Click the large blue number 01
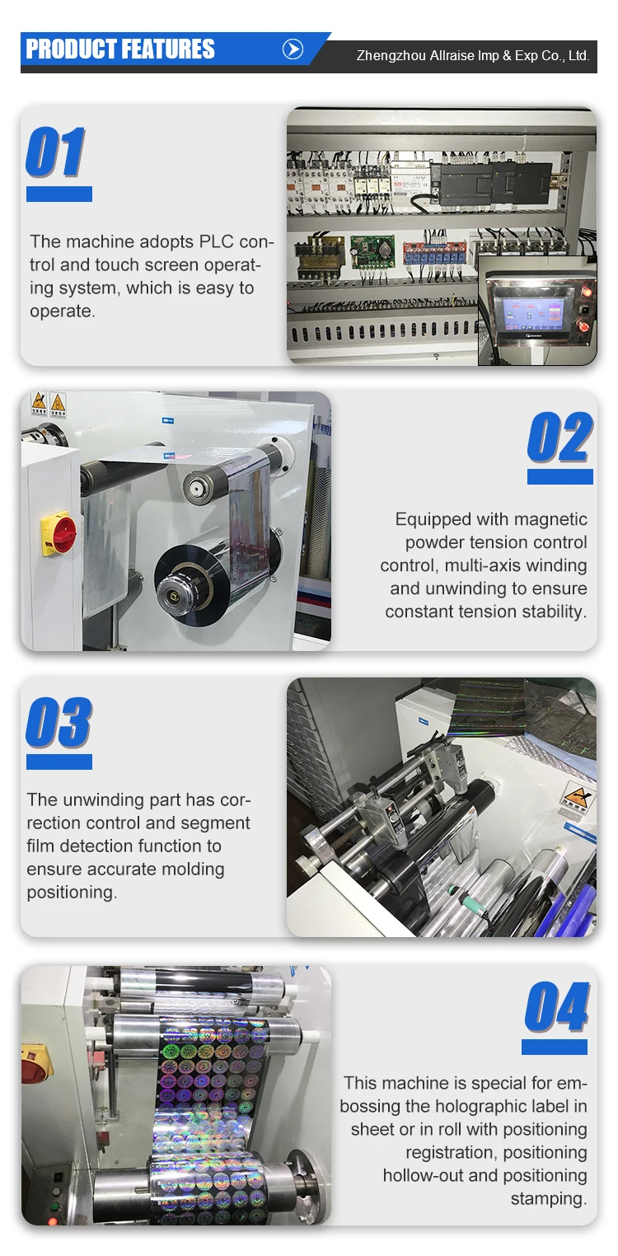[55, 153]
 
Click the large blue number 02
[559, 438]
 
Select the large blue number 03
[59, 723]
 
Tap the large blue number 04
[557, 1007]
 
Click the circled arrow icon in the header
[293, 49]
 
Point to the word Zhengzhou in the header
[391, 56]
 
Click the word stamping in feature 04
[549, 1198]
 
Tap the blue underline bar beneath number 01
[59, 194]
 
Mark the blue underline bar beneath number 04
[555, 1047]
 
